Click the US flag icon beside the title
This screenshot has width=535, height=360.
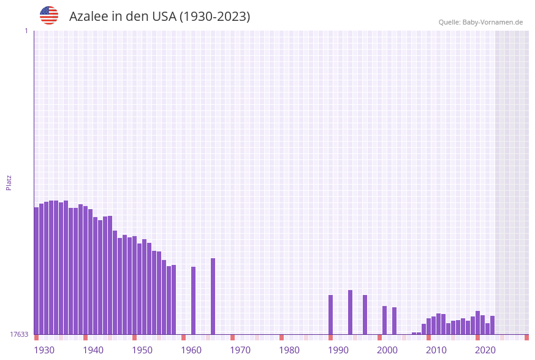pos(49,15)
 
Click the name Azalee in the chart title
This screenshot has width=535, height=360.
pos(88,17)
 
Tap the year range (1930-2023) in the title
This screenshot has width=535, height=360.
pos(214,17)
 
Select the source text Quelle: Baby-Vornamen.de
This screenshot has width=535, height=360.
pos(480,22)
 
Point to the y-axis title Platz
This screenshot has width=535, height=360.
pos(9,182)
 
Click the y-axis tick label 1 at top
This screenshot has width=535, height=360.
pos(26,31)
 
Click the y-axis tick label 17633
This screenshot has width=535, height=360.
pos(19,334)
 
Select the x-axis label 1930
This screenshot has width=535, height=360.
pos(44,350)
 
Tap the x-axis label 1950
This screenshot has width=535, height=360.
pos(142,350)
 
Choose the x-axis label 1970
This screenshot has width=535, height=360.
pos(240,350)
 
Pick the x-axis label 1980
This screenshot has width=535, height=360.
pos(289,350)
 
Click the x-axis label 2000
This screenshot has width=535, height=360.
pos(387,350)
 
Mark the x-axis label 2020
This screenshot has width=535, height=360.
pos(485,350)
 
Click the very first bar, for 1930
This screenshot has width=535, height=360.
pos(36,270)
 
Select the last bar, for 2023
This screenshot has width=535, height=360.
pos(492,325)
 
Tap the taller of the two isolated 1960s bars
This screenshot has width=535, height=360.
pos(213,296)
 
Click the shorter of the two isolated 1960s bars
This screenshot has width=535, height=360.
pos(193,301)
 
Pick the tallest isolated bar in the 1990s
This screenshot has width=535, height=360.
pos(350,312)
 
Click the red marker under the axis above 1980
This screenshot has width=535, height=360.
pos(281,337)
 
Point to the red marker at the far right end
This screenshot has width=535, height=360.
pos(526,337)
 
